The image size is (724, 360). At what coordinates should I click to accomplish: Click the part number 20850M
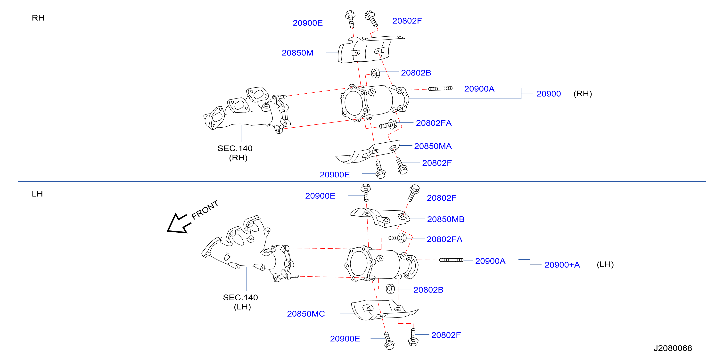click(x=297, y=53)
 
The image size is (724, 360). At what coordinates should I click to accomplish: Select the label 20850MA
click(x=433, y=146)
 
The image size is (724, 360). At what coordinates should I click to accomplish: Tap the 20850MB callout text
click(x=446, y=219)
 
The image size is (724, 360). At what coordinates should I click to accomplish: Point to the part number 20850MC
click(x=306, y=314)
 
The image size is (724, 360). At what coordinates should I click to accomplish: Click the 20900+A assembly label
click(x=562, y=265)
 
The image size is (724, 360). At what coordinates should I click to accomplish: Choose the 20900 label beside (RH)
click(x=549, y=94)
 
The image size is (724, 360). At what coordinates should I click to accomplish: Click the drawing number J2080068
click(x=673, y=348)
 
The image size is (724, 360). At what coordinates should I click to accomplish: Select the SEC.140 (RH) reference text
click(x=235, y=153)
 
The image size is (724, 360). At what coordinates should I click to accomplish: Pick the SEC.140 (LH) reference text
click(x=241, y=302)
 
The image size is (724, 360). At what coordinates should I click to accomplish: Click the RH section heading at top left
click(x=38, y=18)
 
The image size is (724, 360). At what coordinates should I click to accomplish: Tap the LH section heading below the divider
click(x=37, y=194)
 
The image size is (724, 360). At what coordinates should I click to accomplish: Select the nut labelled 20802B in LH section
click(x=390, y=289)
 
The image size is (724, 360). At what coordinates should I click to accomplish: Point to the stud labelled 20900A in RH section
click(x=440, y=89)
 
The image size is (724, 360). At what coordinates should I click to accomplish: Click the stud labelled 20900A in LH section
click(x=451, y=260)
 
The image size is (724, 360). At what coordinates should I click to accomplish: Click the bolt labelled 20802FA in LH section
click(x=397, y=238)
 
